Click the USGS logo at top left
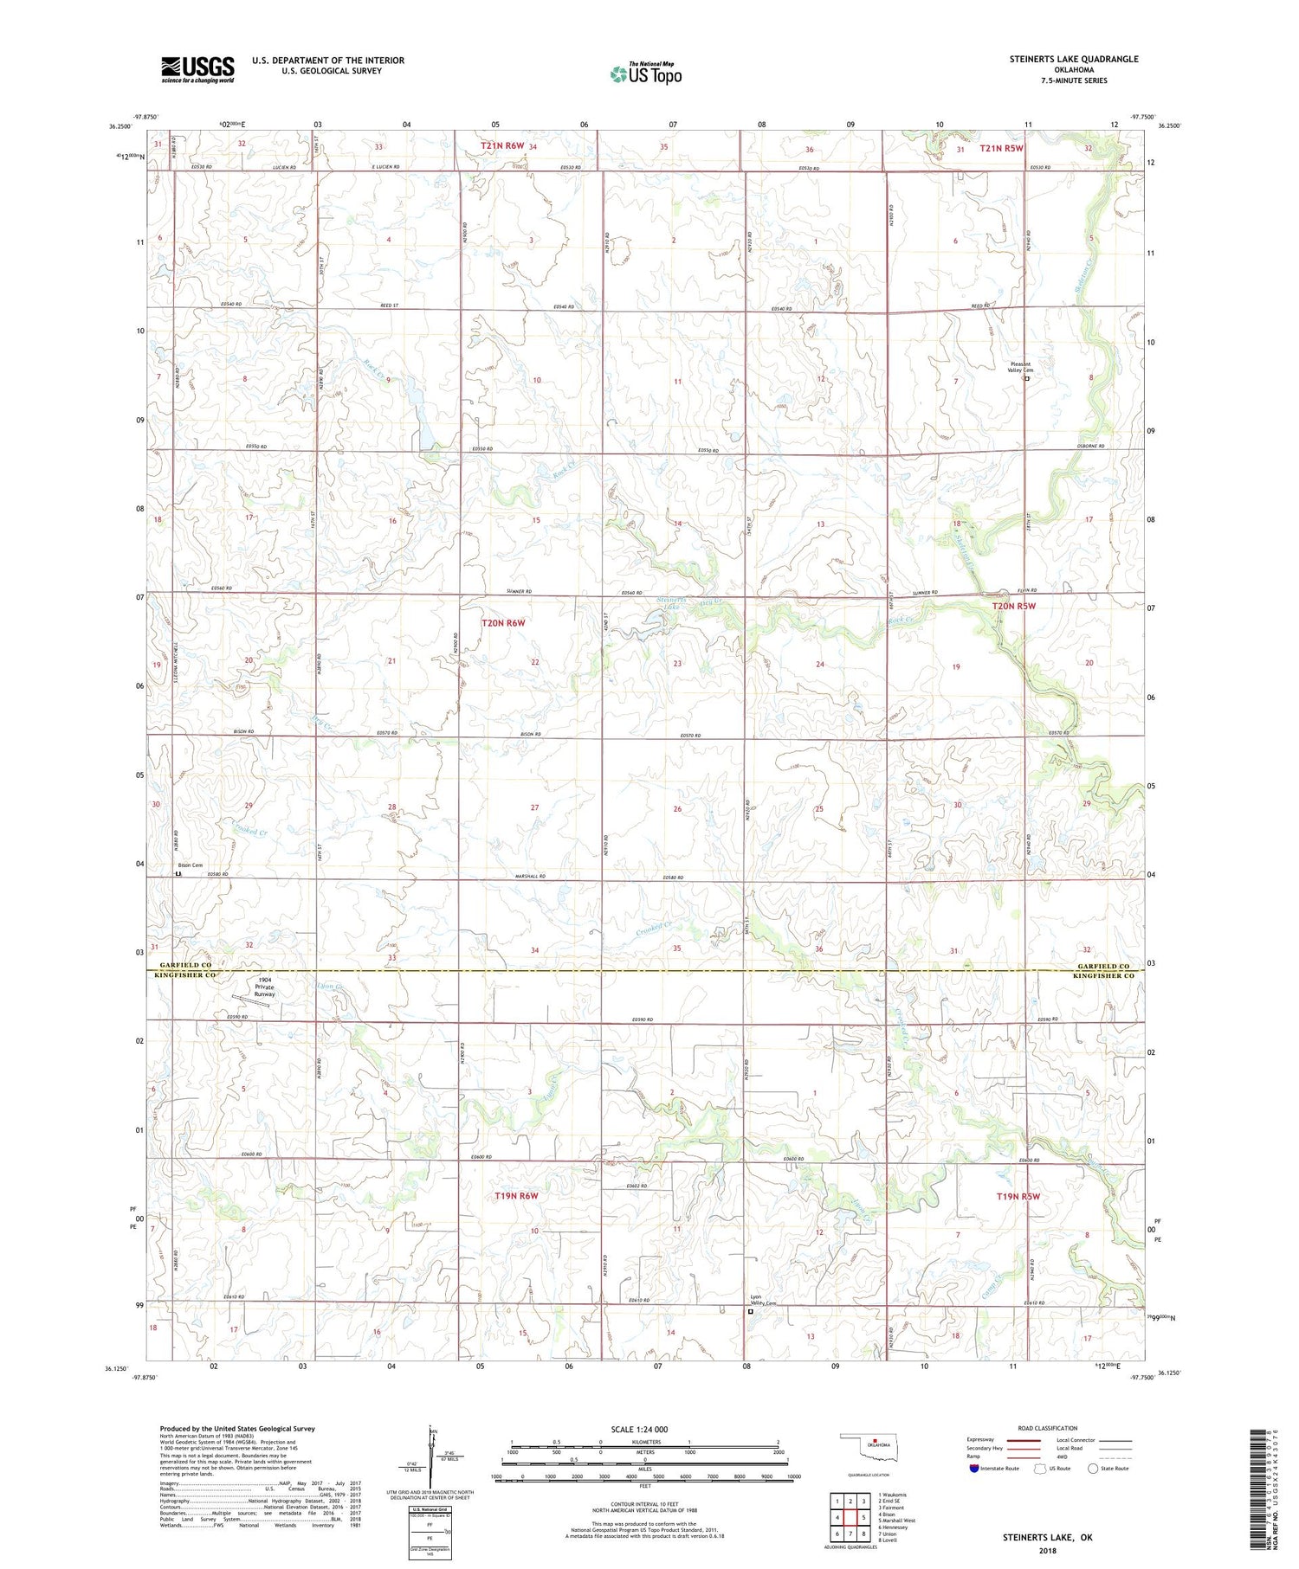pos(197,69)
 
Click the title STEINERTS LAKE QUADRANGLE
pos(1073,59)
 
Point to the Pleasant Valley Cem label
pos(1022,367)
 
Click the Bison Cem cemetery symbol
pos(179,874)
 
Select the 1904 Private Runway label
pos(264,987)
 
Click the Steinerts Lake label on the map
pos(672,603)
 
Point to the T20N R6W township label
pos(503,622)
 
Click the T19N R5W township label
pos(1018,1197)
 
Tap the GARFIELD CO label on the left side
pos(183,965)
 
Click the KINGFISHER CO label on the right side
pos(1102,975)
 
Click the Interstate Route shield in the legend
pos(975,1469)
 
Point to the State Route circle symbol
pos(1093,1469)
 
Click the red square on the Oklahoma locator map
pos(876,1442)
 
